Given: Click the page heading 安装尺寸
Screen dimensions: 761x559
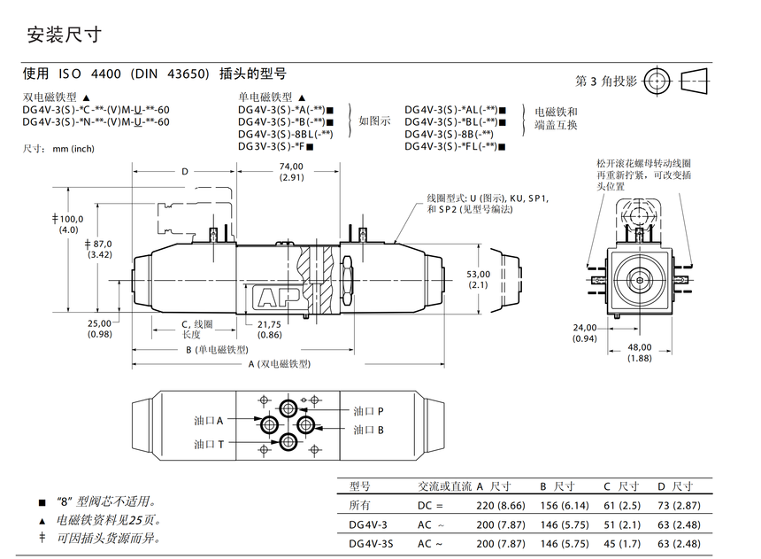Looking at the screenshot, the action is tap(64, 35).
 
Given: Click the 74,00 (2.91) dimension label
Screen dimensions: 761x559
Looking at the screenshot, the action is tap(291, 172).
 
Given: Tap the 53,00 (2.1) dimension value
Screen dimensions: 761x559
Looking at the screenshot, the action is tap(478, 280).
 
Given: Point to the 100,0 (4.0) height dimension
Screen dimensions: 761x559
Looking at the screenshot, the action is tap(68, 224).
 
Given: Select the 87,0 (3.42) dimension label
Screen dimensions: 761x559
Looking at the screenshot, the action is tap(98, 249).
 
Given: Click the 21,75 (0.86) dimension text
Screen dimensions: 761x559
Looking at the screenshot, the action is tap(269, 329).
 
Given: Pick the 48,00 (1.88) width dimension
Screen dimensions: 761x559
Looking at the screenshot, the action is tap(640, 353).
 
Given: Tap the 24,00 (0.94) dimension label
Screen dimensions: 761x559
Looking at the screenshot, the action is tap(584, 333).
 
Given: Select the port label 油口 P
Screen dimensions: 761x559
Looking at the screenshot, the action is tap(368, 411).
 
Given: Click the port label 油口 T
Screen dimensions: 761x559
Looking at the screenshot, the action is tap(209, 444).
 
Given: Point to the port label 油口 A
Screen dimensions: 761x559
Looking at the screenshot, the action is tap(209, 421).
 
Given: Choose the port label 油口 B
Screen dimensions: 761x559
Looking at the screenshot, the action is tap(368, 430).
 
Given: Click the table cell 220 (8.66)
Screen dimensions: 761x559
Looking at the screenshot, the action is tap(500, 506).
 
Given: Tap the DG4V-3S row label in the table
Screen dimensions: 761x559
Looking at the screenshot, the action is tap(371, 544).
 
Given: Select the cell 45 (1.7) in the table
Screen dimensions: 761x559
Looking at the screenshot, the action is tap(622, 544).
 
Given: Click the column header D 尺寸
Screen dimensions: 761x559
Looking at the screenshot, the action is tap(675, 486).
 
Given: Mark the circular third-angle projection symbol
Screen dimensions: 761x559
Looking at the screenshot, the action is tap(657, 82).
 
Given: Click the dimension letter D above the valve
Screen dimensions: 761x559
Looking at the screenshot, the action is tap(184, 172).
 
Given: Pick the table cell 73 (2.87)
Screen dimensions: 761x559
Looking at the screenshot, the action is tap(679, 506).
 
